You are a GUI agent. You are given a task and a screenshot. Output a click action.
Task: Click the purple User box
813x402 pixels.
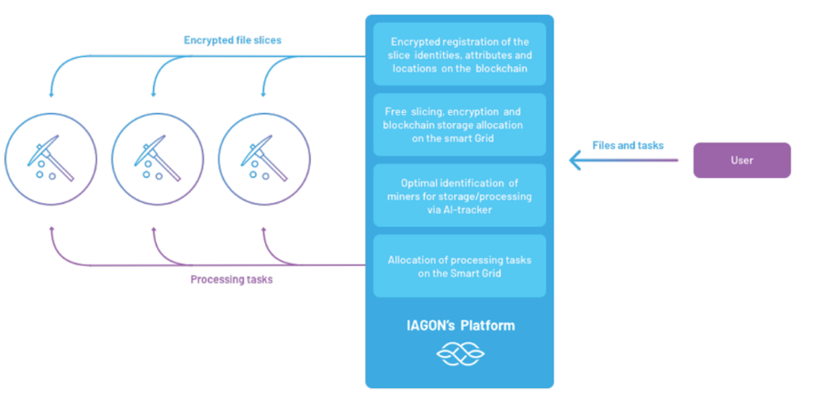pos(741,160)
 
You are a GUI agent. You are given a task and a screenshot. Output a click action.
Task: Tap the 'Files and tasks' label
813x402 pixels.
pos(628,145)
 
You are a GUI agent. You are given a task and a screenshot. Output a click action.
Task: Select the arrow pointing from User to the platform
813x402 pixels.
pos(624,161)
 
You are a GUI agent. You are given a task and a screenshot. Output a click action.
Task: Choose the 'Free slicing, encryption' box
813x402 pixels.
pos(459,125)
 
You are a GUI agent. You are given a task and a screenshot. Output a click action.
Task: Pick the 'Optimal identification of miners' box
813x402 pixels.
pos(459,195)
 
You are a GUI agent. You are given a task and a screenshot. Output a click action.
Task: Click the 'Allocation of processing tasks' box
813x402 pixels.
pos(459,266)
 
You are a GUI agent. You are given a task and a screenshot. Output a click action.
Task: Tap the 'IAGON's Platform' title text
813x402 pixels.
pos(460,326)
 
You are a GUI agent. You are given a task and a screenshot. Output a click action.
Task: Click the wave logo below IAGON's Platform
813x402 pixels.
pos(459,353)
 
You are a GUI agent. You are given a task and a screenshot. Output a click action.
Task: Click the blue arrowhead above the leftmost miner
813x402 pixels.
pos(50,94)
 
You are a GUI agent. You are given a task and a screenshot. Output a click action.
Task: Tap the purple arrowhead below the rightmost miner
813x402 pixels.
pos(264,229)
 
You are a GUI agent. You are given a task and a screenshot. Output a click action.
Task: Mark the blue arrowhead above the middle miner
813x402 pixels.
pos(156,94)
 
